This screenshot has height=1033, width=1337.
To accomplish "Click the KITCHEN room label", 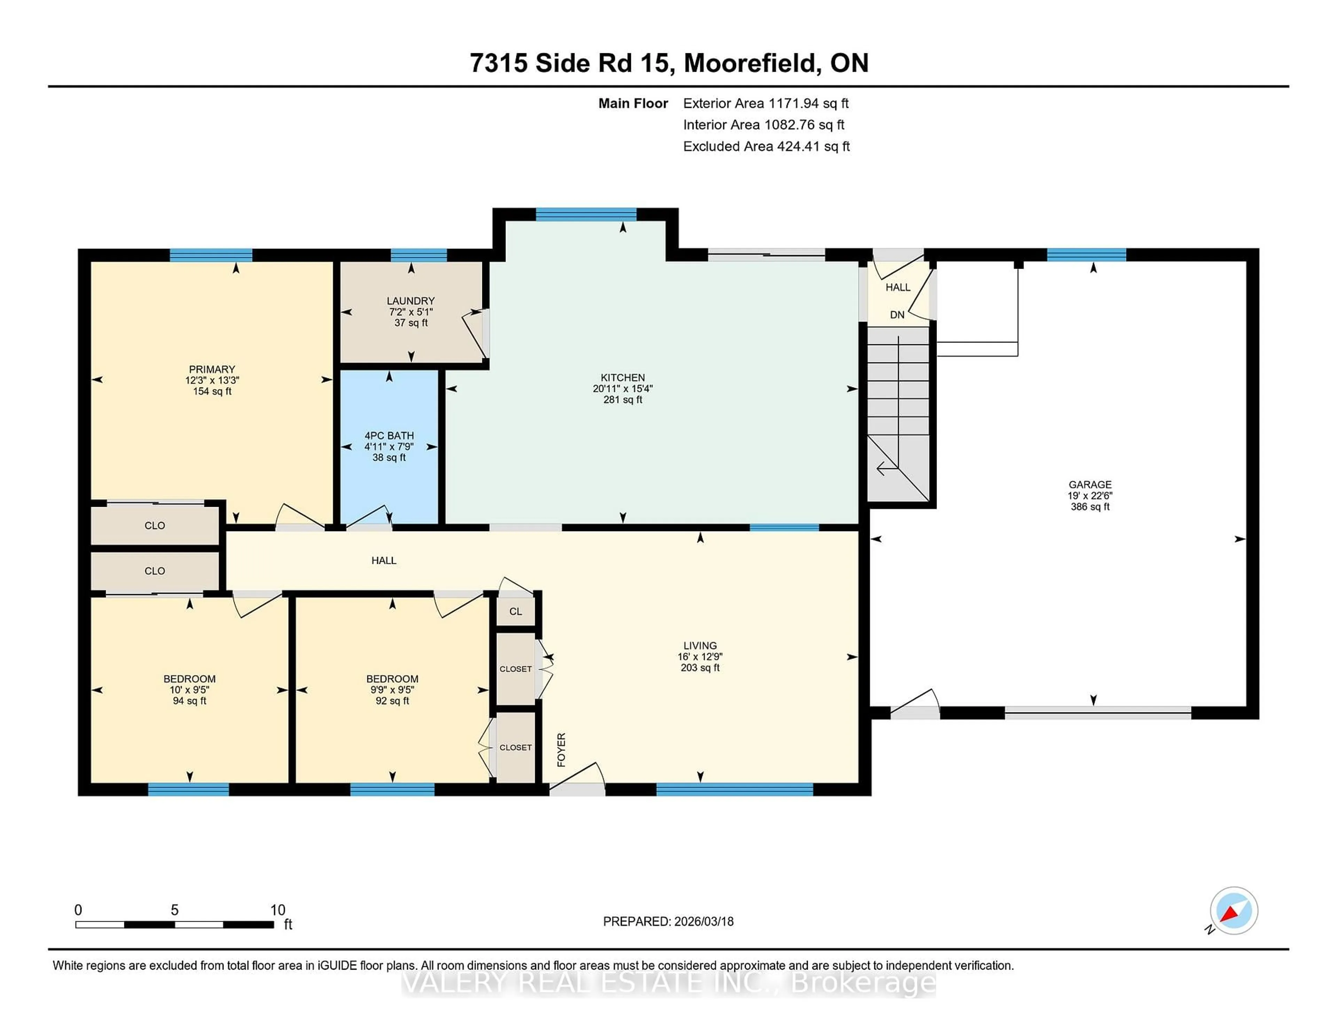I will pyautogui.click(x=623, y=378).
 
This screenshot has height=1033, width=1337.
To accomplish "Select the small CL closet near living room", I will pyautogui.click(x=515, y=612).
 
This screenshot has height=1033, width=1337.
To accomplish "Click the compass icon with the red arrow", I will pyautogui.click(x=1234, y=910).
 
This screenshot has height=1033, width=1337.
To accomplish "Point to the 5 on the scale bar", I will pyautogui.click(x=174, y=910).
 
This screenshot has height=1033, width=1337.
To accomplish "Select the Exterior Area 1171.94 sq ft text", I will pyautogui.click(x=765, y=103).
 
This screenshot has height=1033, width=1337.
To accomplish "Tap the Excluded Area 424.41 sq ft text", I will pyautogui.click(x=766, y=146).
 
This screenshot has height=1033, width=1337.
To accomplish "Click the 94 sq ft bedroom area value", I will pyautogui.click(x=189, y=701).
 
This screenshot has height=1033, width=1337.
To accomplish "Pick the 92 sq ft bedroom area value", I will pyautogui.click(x=392, y=701).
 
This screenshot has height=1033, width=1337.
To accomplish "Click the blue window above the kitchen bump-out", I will pyautogui.click(x=586, y=214).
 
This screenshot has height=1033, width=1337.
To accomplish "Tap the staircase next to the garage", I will pyautogui.click(x=898, y=416).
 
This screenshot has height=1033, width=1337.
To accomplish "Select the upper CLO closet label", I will pyautogui.click(x=154, y=526).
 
